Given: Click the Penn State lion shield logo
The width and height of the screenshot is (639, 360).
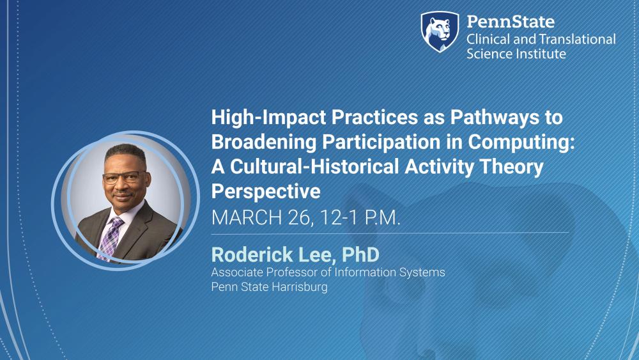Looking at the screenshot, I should tap(440, 31).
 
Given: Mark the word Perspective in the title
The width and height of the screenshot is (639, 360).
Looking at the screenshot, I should tap(265, 191).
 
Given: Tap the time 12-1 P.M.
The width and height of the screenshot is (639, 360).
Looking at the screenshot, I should tap(358, 217).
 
